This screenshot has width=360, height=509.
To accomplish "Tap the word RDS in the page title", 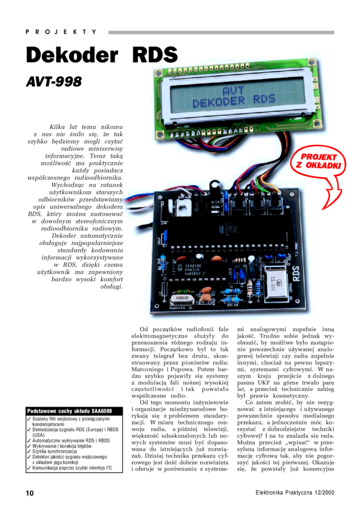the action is point(155,56).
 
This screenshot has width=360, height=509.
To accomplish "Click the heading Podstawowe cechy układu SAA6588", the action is point(69,411).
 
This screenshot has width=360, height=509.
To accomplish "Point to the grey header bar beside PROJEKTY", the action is point(221,32).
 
